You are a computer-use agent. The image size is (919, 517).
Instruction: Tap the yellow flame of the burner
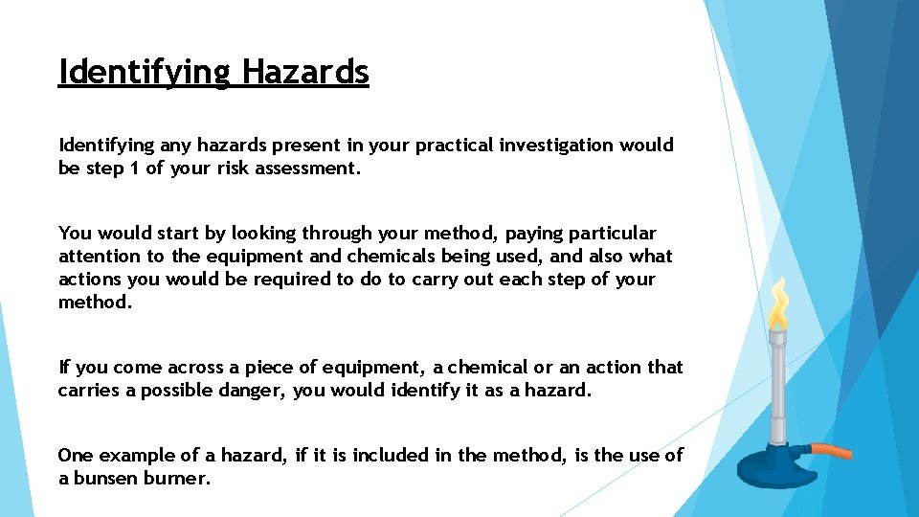(x=780, y=304)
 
